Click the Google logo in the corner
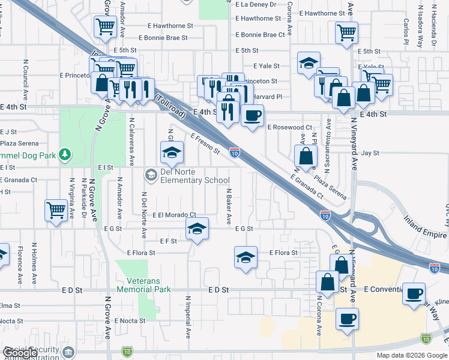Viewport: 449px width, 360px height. point(20,353)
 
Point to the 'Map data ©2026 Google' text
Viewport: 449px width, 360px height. point(412,355)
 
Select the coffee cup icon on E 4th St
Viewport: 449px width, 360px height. point(252,114)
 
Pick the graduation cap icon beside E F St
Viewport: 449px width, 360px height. point(196,229)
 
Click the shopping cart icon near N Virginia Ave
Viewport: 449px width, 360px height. point(56,210)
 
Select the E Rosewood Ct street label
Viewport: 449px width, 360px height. point(290,127)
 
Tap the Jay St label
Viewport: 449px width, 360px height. point(371,153)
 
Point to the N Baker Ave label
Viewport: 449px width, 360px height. point(229,207)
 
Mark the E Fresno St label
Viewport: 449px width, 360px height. point(206,145)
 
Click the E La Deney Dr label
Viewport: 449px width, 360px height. point(256,4)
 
